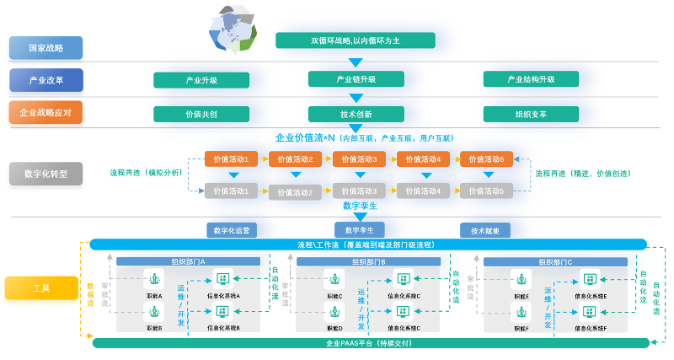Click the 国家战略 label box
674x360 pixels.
point(45,47)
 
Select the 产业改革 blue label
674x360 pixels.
point(45,80)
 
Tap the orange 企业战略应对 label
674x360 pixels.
point(45,113)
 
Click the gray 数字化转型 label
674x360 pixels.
point(45,174)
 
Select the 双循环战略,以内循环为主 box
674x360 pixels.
point(355,40)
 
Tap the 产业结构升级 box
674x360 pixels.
point(531,79)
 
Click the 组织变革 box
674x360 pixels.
point(531,113)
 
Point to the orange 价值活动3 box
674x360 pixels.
point(359,159)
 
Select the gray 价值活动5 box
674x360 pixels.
point(486,191)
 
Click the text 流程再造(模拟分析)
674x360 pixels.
point(146,173)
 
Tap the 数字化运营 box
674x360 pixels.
point(231,229)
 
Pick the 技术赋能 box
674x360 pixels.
point(484,229)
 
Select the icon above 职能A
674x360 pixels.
point(154,279)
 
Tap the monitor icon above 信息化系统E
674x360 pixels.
point(590,279)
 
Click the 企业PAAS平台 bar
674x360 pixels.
point(371,343)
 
